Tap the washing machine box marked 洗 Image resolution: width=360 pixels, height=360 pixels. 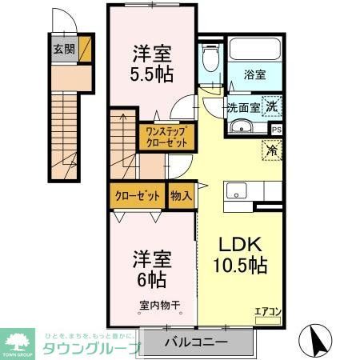[272, 106]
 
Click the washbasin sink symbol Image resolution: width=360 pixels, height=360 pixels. [241, 127]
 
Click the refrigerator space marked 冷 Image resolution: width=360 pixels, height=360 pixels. [273, 149]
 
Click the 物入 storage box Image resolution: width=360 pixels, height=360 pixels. [181, 195]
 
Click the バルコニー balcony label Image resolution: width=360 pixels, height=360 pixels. [197, 342]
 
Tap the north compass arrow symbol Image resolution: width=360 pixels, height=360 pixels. [318, 341]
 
